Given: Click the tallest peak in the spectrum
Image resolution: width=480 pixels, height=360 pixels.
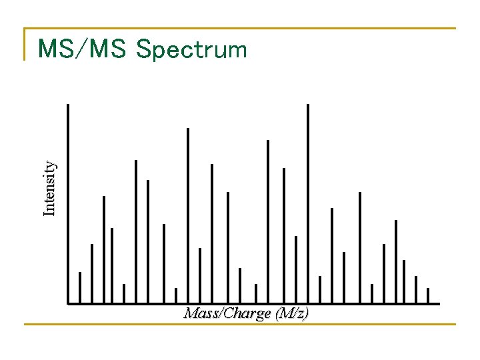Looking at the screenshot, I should (307, 200).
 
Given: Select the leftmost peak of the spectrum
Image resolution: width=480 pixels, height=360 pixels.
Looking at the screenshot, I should (79, 287).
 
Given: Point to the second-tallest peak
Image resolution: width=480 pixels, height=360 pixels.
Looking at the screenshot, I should (187, 213).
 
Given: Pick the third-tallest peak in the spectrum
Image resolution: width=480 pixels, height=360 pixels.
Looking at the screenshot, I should (267, 220).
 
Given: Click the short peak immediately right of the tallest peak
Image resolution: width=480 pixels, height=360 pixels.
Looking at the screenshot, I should (319, 289).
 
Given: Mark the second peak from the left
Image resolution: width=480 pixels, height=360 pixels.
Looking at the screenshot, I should (91, 273).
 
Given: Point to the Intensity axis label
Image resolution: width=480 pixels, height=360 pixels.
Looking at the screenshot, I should (50, 189).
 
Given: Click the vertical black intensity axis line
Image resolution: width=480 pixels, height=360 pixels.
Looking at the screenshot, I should (68, 200).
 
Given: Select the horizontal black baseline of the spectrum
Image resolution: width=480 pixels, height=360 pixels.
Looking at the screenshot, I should (253, 304).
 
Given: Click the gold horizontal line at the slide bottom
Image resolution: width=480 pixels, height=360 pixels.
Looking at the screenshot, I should (240, 325).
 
